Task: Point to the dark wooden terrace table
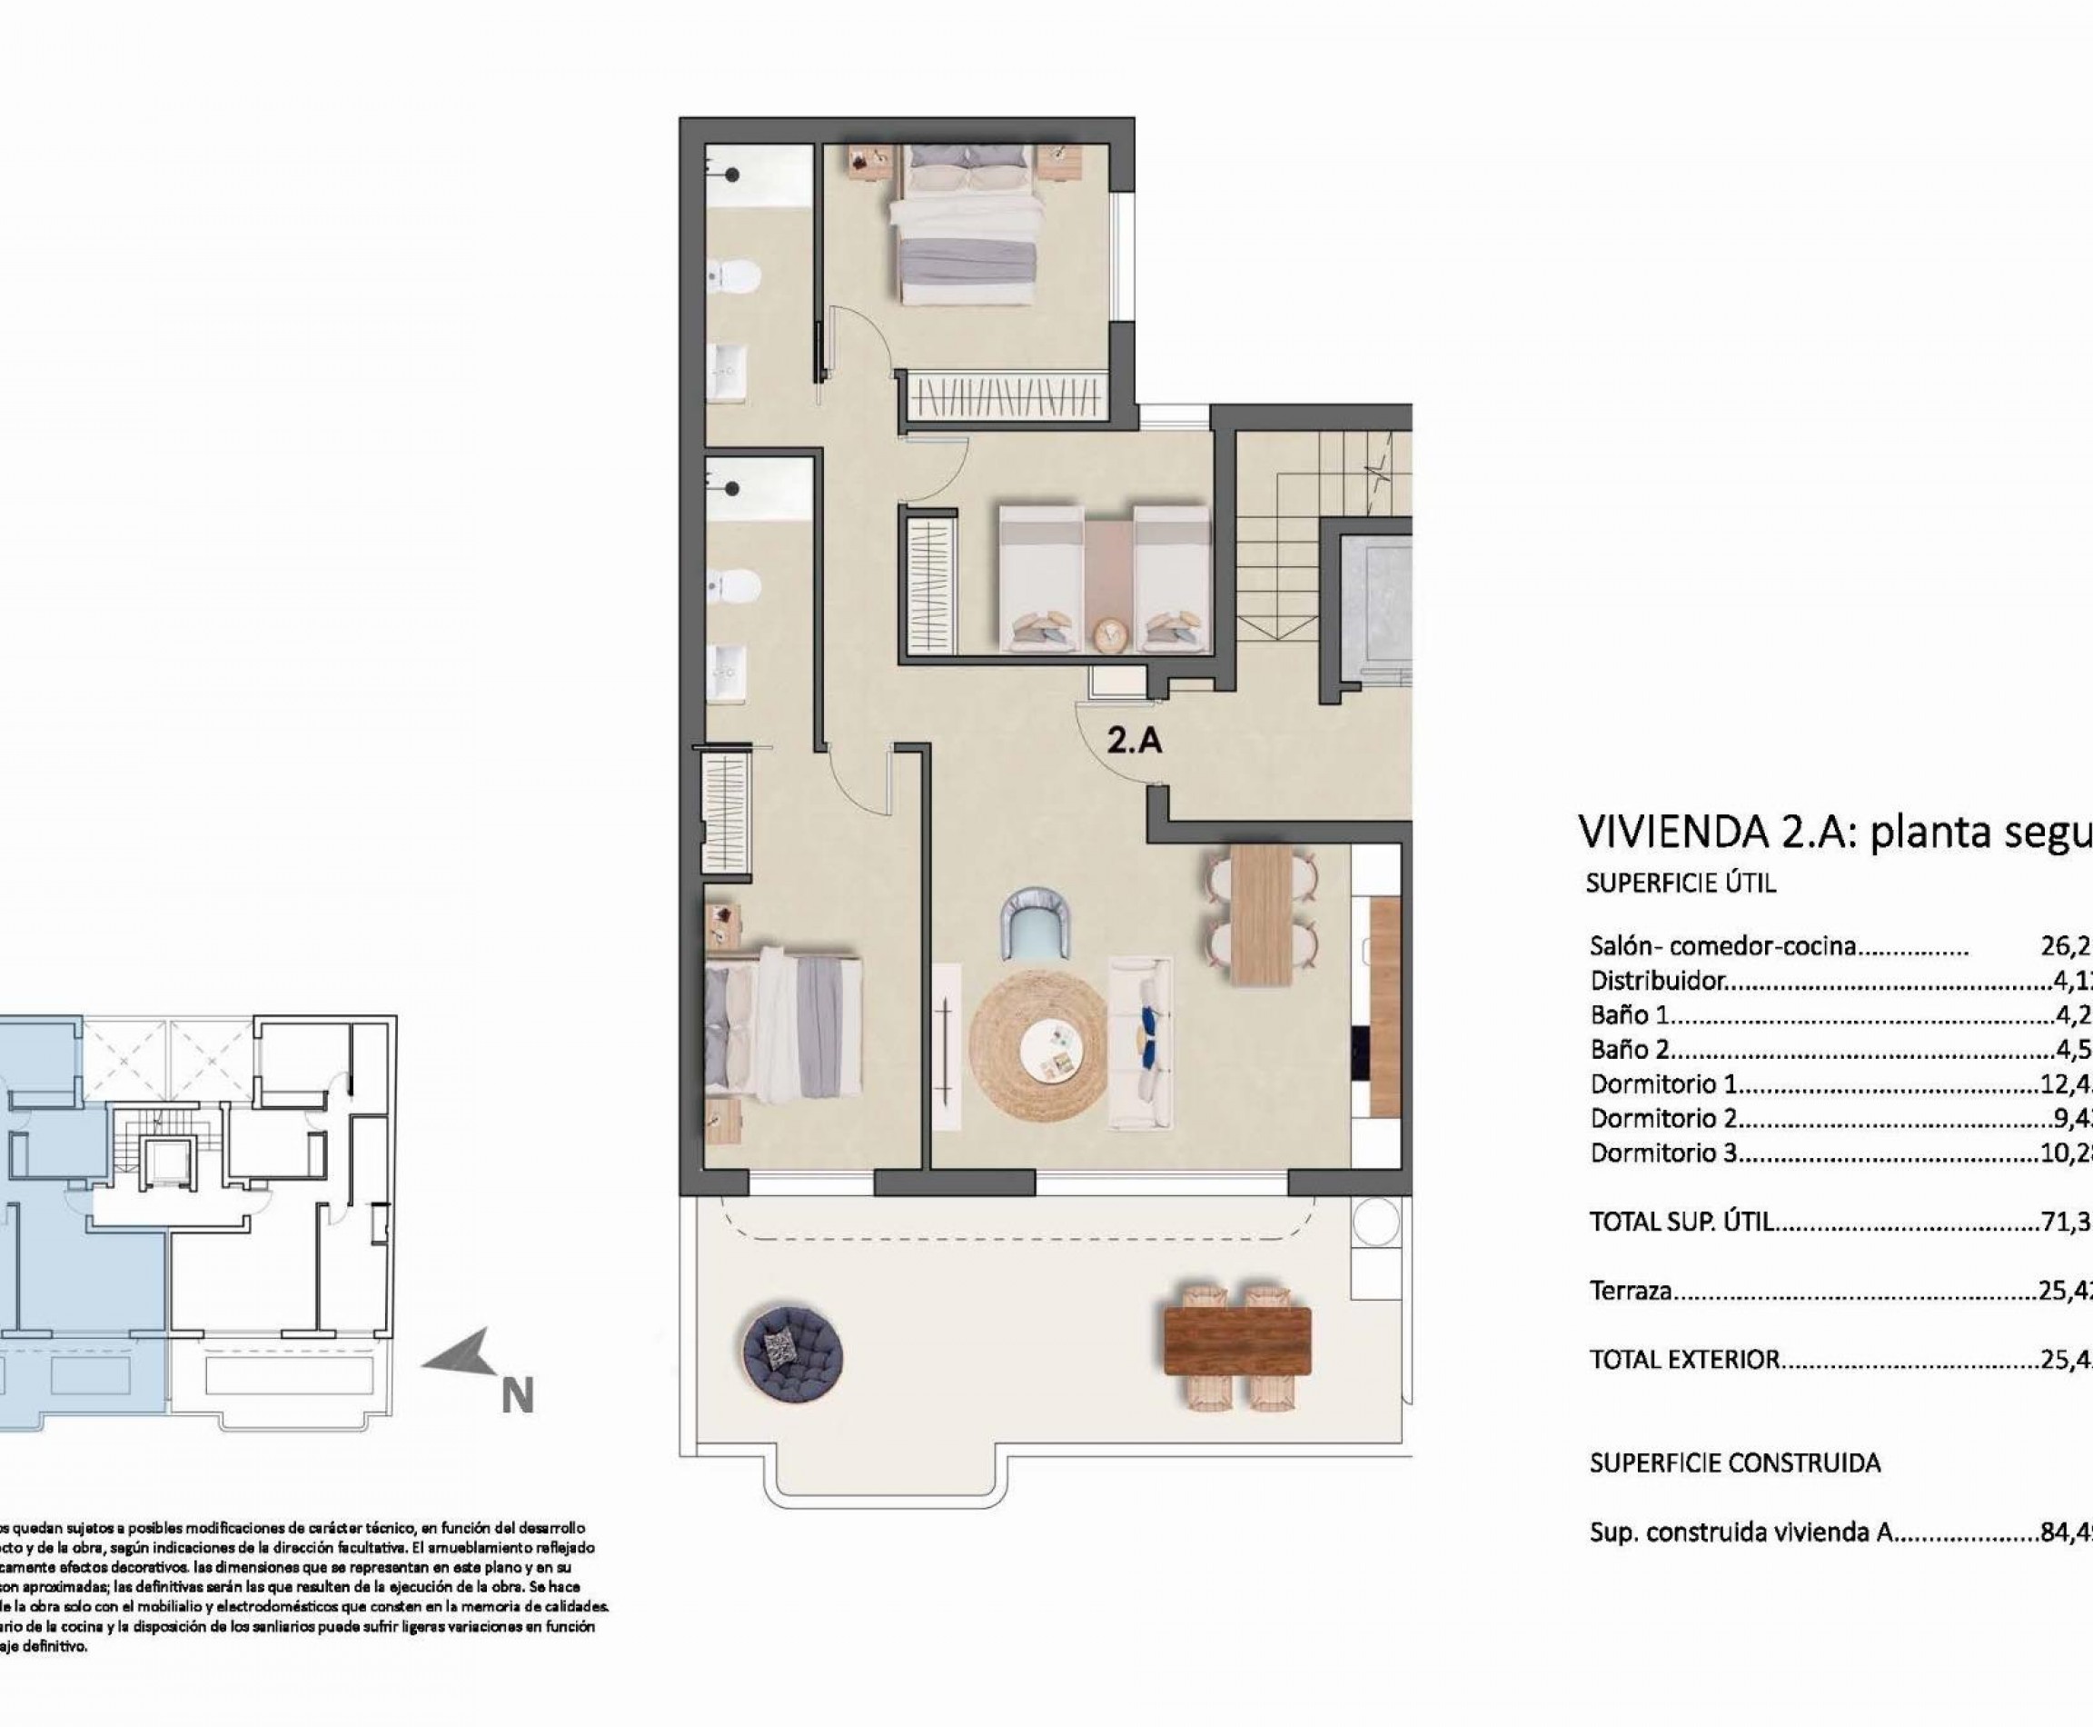(x=1237, y=1341)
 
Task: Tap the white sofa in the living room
(x=1139, y=1043)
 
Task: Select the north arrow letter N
(x=517, y=1396)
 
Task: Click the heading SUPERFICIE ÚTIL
(x=1681, y=883)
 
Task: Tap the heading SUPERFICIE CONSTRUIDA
(x=1735, y=1463)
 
